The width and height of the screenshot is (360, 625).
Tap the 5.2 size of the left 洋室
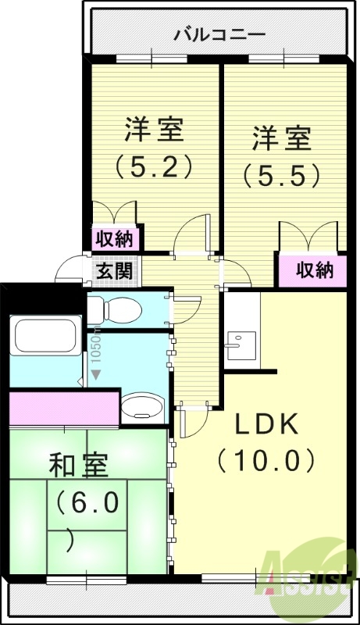pyautogui.click(x=154, y=166)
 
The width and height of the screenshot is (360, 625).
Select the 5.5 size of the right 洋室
pyautogui.click(x=281, y=176)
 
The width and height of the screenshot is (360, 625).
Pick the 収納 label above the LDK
pyautogui.click(x=315, y=270)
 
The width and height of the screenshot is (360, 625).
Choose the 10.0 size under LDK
pyautogui.click(x=267, y=460)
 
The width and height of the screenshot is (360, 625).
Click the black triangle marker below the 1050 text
pyautogui.click(x=96, y=374)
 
